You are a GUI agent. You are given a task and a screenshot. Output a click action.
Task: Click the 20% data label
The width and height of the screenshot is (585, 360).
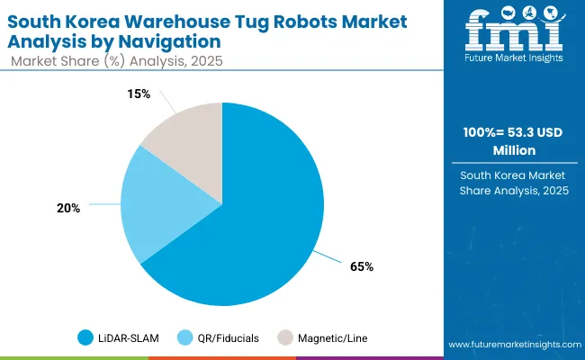pos(68,208)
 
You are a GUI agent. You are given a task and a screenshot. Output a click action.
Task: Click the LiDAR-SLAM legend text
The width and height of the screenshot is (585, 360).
pos(129,338)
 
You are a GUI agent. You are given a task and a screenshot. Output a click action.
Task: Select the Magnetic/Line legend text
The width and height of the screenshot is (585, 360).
pos(332,338)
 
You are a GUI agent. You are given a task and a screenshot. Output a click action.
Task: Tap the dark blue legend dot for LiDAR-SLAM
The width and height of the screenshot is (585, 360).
pos(86,338)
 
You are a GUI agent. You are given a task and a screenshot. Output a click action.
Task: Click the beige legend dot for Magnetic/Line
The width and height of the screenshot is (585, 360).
pos(284,338)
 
